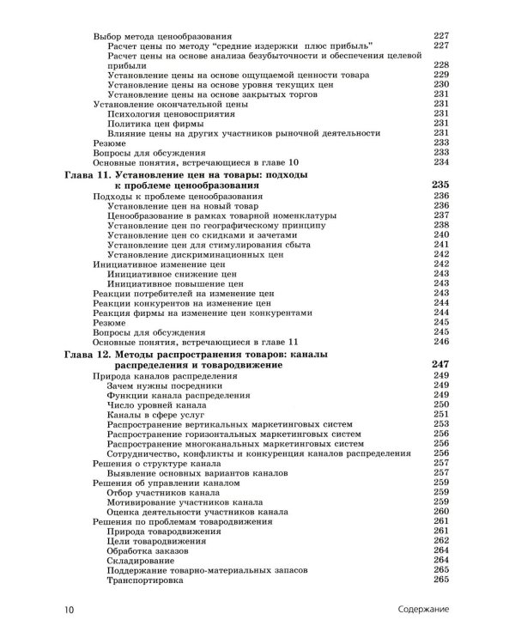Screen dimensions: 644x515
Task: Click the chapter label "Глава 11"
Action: pos(93,174)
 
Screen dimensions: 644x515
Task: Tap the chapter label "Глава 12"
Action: pos(93,354)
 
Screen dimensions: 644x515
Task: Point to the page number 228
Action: pos(442,65)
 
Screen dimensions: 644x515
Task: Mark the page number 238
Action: pos(442,226)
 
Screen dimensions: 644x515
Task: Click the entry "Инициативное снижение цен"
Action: pos(173,276)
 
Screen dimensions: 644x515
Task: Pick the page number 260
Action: pos(442,511)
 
